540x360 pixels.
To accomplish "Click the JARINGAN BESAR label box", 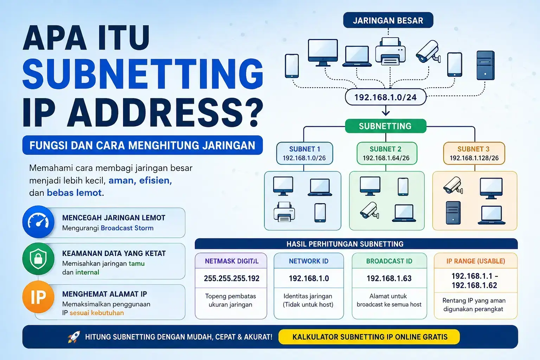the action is click(x=388, y=20).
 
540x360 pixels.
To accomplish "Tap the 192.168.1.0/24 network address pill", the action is click(x=386, y=97).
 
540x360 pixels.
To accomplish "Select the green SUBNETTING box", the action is click(x=385, y=126).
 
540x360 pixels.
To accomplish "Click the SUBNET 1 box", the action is click(x=304, y=153).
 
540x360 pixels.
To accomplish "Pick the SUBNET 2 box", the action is click(x=387, y=153).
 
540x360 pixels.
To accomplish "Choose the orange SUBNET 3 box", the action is click(x=474, y=153).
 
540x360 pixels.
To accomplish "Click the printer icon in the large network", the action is click(x=390, y=51).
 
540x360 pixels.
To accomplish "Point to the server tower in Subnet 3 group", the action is click(x=453, y=213).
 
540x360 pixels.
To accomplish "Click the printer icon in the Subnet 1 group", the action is click(x=284, y=212).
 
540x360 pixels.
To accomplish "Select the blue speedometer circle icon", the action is click(x=38, y=221).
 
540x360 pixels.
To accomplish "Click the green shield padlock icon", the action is click(x=38, y=259).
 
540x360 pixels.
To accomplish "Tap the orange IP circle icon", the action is click(x=38, y=297).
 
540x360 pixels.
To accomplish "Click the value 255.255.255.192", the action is click(x=231, y=278).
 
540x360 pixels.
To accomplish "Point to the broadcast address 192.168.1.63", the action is click(x=389, y=278).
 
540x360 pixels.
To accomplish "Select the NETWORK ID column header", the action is click(x=309, y=261).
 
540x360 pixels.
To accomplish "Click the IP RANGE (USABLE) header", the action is click(x=476, y=261).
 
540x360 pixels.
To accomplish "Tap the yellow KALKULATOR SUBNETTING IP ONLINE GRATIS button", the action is click(x=369, y=337).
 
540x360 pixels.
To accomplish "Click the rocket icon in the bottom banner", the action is click(x=74, y=337).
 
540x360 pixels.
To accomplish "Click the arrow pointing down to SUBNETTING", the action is click(x=386, y=110).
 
